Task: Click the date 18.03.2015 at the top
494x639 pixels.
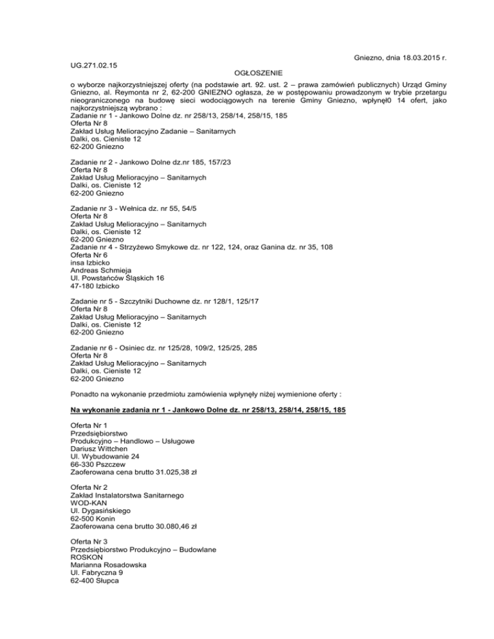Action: click(x=410, y=58)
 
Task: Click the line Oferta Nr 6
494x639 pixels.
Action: click(x=89, y=258)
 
